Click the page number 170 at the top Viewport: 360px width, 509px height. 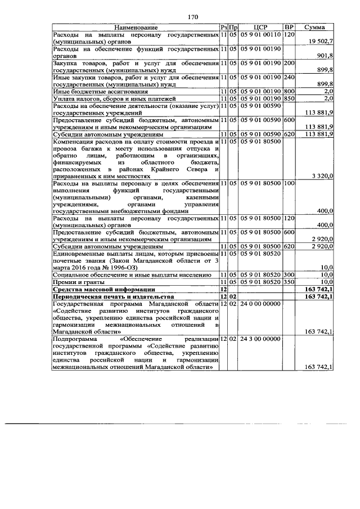(x=193, y=17)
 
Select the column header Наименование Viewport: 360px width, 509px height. (x=136, y=27)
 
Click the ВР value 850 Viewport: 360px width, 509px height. (x=289, y=98)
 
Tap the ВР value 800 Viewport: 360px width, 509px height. (x=289, y=91)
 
